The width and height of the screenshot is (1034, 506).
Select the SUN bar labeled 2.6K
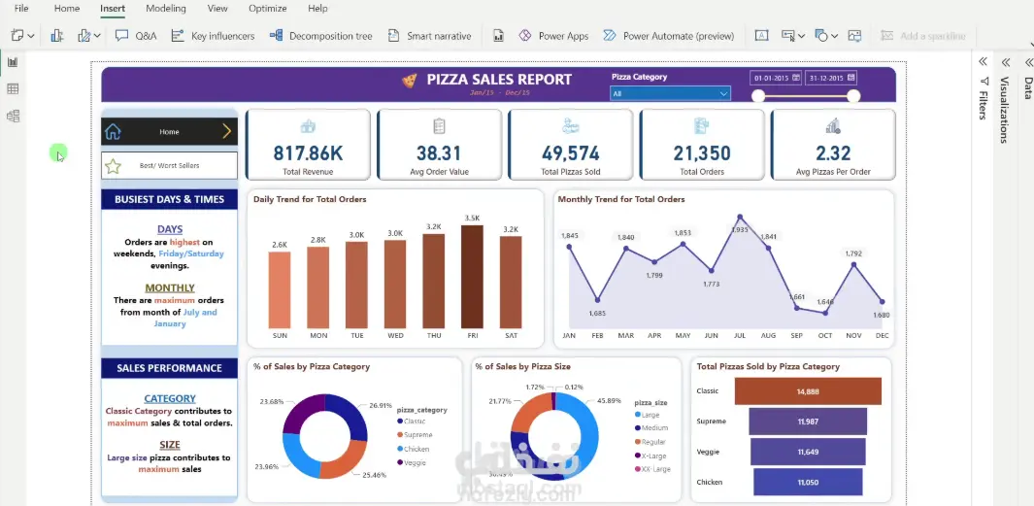(x=280, y=289)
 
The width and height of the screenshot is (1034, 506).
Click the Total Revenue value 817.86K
(x=308, y=153)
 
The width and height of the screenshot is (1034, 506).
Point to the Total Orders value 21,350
(x=702, y=153)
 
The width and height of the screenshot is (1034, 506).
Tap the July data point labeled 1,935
(x=740, y=217)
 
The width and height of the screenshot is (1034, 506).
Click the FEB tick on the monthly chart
(x=597, y=335)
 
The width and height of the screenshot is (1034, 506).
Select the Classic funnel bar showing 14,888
(x=808, y=391)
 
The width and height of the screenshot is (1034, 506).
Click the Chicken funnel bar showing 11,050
(x=808, y=482)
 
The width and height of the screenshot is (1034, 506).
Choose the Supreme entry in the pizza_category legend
(x=417, y=435)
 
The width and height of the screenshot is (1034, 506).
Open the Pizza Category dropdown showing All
(x=670, y=94)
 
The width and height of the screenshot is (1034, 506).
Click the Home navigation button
(x=169, y=132)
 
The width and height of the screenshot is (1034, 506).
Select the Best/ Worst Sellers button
(x=169, y=166)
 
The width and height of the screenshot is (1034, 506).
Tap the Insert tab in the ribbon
(x=113, y=9)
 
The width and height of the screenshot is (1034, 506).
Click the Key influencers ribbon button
(x=213, y=36)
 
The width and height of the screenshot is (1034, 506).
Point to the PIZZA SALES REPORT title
(x=499, y=80)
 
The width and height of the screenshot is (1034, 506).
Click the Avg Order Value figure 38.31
(x=439, y=153)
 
